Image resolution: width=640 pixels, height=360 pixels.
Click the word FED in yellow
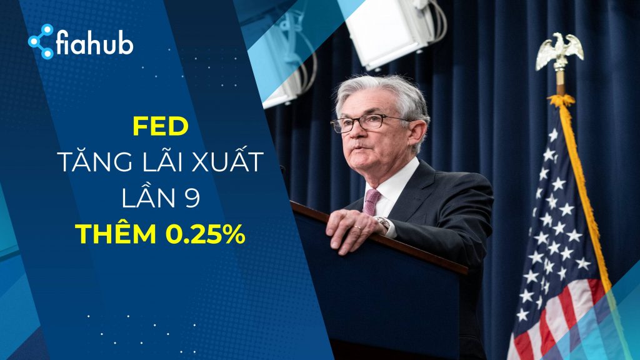(161, 127)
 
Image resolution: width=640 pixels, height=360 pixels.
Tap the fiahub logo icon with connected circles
(41, 42)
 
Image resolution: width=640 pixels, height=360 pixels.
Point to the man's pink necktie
(371, 201)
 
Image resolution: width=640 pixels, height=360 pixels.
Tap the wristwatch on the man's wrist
(382, 223)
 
